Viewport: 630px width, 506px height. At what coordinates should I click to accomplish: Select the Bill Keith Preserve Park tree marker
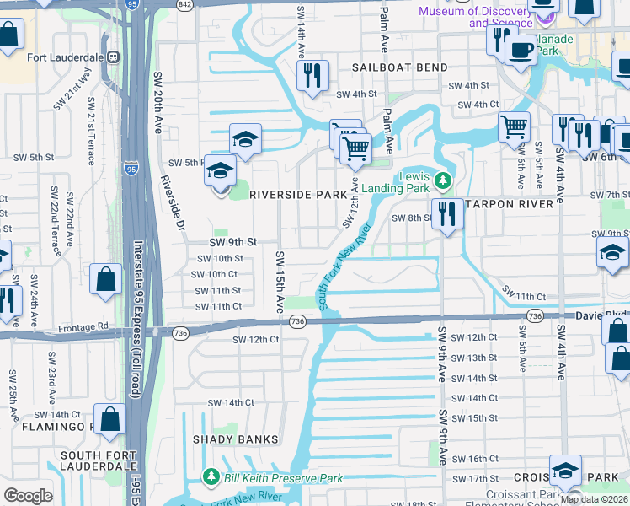(211, 478)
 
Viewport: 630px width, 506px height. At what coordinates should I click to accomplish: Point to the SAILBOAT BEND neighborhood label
(397, 67)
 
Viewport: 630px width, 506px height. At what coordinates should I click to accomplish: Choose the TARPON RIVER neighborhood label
(510, 203)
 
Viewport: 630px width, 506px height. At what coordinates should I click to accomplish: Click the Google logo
(29, 496)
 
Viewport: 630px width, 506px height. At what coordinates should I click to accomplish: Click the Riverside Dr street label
(173, 203)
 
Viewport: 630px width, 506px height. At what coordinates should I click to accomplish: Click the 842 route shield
(184, 4)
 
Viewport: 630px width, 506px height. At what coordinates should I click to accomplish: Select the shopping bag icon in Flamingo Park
(109, 418)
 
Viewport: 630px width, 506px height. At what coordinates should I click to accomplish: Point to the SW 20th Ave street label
(157, 102)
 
